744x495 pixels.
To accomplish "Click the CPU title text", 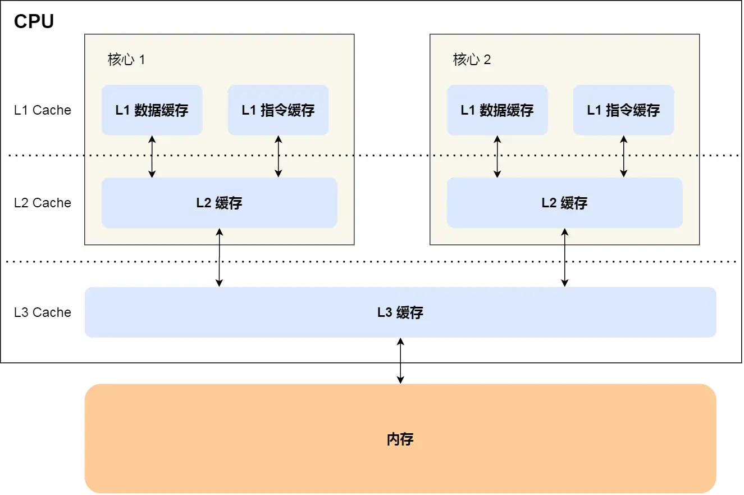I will pos(34,21).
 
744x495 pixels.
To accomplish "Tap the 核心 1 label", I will pos(126,60).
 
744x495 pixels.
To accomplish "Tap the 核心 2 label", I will pos(472,60).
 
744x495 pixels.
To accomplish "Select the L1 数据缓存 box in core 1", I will pos(152,110).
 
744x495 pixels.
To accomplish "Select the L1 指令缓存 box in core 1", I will pos(278,110).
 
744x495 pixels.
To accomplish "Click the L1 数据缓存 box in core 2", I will pos(497,110).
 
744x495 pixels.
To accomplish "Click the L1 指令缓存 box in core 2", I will pos(623,110).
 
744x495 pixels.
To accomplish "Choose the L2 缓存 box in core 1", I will pos(219,203).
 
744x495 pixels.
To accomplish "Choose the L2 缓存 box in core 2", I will pos(564,203).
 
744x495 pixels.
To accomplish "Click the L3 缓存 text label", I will pos(400,312).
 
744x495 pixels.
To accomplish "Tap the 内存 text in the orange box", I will pos(400,439).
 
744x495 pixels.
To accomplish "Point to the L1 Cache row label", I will pos(43,110).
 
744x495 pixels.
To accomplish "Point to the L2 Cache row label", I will pos(43,203).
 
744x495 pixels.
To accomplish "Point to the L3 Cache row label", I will pos(43,312).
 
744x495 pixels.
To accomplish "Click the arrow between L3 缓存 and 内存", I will pos(400,361).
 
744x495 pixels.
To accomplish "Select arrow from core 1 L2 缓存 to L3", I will pos(219,257).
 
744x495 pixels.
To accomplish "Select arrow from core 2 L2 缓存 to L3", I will pos(564,257).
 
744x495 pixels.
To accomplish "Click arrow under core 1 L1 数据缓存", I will pos(152,156).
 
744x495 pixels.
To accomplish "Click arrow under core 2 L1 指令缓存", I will pos(623,156).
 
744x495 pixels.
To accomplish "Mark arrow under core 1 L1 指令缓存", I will pos(278,156).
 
